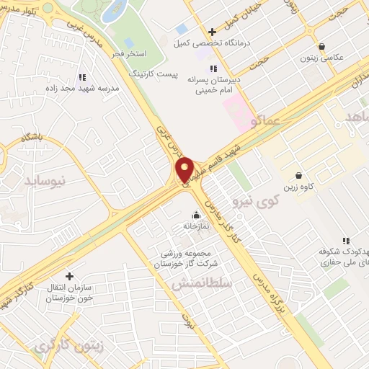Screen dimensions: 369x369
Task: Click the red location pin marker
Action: click(184, 169)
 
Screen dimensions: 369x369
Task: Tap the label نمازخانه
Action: click(195, 226)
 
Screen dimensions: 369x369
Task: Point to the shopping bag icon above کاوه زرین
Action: click(299, 175)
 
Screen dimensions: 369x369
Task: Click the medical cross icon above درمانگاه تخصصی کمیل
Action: click(211, 32)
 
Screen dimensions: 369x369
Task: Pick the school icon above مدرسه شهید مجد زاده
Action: click(81, 76)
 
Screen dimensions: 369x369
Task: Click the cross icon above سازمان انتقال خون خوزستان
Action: click(69, 276)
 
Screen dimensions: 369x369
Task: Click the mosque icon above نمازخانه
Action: click(195, 215)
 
